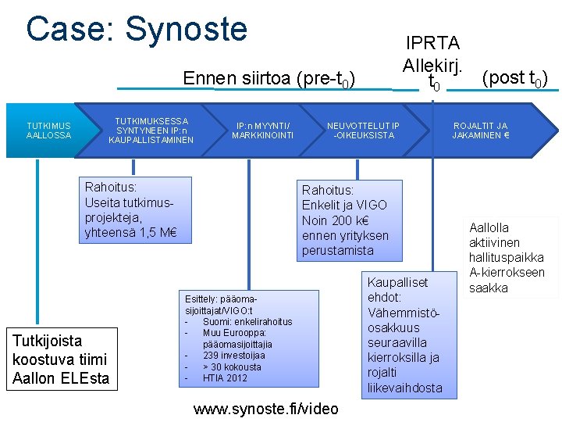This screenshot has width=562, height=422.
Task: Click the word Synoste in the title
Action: pyautogui.click(x=186, y=30)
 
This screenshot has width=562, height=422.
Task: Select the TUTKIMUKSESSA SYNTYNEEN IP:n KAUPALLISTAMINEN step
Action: pyautogui.click(x=151, y=131)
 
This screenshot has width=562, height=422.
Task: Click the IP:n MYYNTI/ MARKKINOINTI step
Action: pyautogui.click(x=262, y=131)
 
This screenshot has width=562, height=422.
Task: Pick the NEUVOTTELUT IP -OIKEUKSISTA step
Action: pyautogui.click(x=363, y=131)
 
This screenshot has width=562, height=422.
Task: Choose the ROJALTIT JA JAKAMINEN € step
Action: pyautogui.click(x=480, y=131)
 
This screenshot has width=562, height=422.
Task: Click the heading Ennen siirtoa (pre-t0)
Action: pyautogui.click(x=269, y=79)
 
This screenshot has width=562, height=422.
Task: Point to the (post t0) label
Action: pyautogui.click(x=514, y=78)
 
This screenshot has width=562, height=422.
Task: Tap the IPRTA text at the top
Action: pyautogui.click(x=432, y=43)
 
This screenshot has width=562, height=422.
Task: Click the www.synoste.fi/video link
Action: pyautogui.click(x=265, y=409)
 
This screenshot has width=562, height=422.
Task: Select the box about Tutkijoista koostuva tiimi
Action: pyautogui.click(x=61, y=359)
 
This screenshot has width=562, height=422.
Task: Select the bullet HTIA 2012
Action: pyautogui.click(x=225, y=378)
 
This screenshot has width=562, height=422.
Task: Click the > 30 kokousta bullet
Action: pyautogui.click(x=232, y=367)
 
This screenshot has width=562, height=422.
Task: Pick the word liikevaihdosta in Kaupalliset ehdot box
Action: pyautogui.click(x=404, y=388)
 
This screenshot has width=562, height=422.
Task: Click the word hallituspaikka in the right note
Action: pyautogui.click(x=506, y=258)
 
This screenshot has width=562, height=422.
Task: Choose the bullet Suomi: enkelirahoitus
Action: pyautogui.click(x=247, y=322)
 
